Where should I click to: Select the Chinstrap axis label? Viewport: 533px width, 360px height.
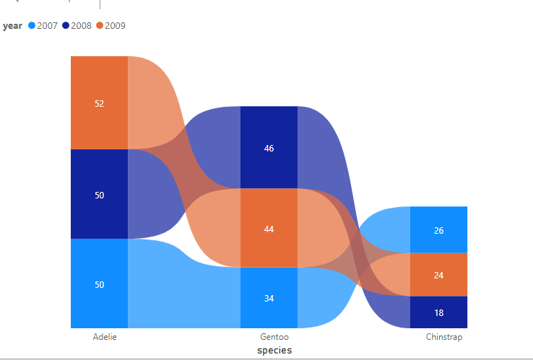click(444, 337)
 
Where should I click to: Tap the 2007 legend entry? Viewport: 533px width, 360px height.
click(43, 26)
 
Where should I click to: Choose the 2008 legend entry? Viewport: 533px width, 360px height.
click(77, 26)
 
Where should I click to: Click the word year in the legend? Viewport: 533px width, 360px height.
click(12, 26)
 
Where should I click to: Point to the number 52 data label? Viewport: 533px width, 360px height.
click(99, 103)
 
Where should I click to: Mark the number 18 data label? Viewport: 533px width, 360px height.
click(439, 312)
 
